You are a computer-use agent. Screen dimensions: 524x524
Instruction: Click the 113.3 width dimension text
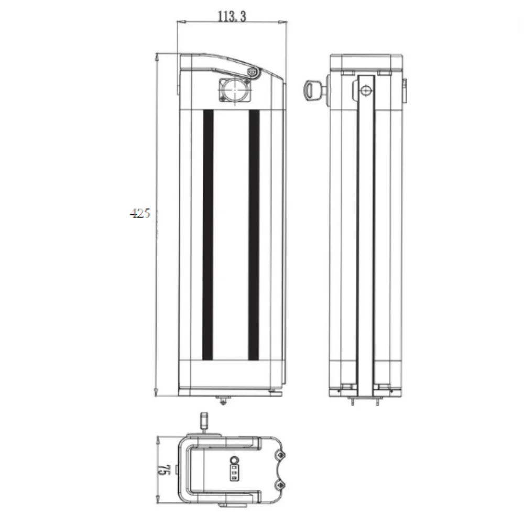[232, 16]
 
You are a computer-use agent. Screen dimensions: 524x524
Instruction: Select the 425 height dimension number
[140, 213]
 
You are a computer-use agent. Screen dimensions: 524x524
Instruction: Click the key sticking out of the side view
[313, 90]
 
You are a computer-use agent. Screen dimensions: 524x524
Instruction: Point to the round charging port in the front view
[232, 91]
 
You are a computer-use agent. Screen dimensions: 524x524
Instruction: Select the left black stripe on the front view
[208, 235]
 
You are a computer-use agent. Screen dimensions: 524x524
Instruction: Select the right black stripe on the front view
[254, 235]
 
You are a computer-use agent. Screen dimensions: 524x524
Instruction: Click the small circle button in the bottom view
[234, 461]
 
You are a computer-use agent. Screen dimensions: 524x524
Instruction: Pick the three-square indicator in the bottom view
[234, 474]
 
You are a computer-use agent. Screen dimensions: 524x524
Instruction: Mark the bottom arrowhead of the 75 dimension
[160, 502]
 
